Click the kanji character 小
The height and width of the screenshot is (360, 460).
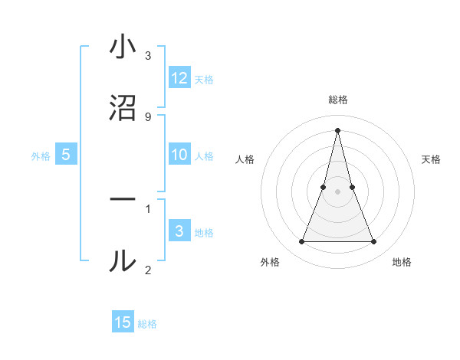tap(123, 47)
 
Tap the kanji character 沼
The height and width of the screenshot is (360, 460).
tap(123, 108)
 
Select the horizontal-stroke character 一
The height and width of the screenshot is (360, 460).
tap(123, 199)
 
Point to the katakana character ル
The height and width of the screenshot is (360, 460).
tap(123, 260)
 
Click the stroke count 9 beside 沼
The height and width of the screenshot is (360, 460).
tap(147, 116)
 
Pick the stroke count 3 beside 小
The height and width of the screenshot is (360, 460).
tap(147, 56)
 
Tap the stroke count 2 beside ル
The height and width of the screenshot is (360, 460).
tap(147, 269)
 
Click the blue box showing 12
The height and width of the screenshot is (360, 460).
tap(179, 78)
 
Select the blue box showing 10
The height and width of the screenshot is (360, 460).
tap(179, 155)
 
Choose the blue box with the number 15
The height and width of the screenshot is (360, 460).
tap(123, 323)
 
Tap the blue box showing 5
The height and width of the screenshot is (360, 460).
tap(66, 155)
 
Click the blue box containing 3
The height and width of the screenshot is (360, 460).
tap(179, 231)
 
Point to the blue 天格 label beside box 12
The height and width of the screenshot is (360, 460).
tap(204, 80)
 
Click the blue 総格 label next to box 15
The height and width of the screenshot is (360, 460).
tap(147, 324)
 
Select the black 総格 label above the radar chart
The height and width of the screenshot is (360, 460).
tap(338, 100)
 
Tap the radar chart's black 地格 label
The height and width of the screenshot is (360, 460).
tap(402, 263)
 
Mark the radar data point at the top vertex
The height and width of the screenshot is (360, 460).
tap(338, 129)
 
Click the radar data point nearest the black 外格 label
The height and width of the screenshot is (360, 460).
tap(302, 242)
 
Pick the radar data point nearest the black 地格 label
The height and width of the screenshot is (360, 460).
tap(374, 242)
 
